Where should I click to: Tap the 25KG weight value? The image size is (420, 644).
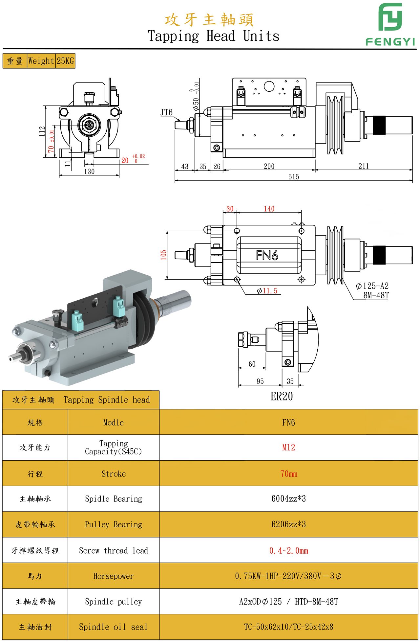(x=65, y=61)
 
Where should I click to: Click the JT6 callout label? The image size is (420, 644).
(x=166, y=113)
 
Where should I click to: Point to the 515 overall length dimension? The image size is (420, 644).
(x=294, y=177)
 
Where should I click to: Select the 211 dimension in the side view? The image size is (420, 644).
(x=364, y=166)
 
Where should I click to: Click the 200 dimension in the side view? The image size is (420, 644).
(x=269, y=166)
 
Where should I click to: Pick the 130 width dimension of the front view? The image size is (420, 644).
(x=89, y=172)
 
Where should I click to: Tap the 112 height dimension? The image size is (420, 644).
(x=42, y=131)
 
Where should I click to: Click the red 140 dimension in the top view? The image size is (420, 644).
(x=269, y=209)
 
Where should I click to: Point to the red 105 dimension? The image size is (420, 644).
(x=163, y=255)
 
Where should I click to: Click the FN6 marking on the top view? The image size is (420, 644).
(x=267, y=255)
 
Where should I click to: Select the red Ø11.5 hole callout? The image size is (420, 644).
(x=267, y=291)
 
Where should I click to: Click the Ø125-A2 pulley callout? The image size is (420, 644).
(x=372, y=286)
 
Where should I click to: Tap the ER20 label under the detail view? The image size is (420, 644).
(x=282, y=397)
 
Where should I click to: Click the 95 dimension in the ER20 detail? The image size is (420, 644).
(x=260, y=381)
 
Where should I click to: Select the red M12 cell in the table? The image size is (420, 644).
(x=288, y=448)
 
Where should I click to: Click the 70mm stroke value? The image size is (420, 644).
(x=288, y=474)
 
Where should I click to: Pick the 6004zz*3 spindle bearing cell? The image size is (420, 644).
(x=288, y=499)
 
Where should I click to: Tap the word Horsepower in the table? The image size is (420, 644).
(x=114, y=576)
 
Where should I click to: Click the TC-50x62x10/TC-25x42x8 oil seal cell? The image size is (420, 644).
(x=288, y=627)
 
